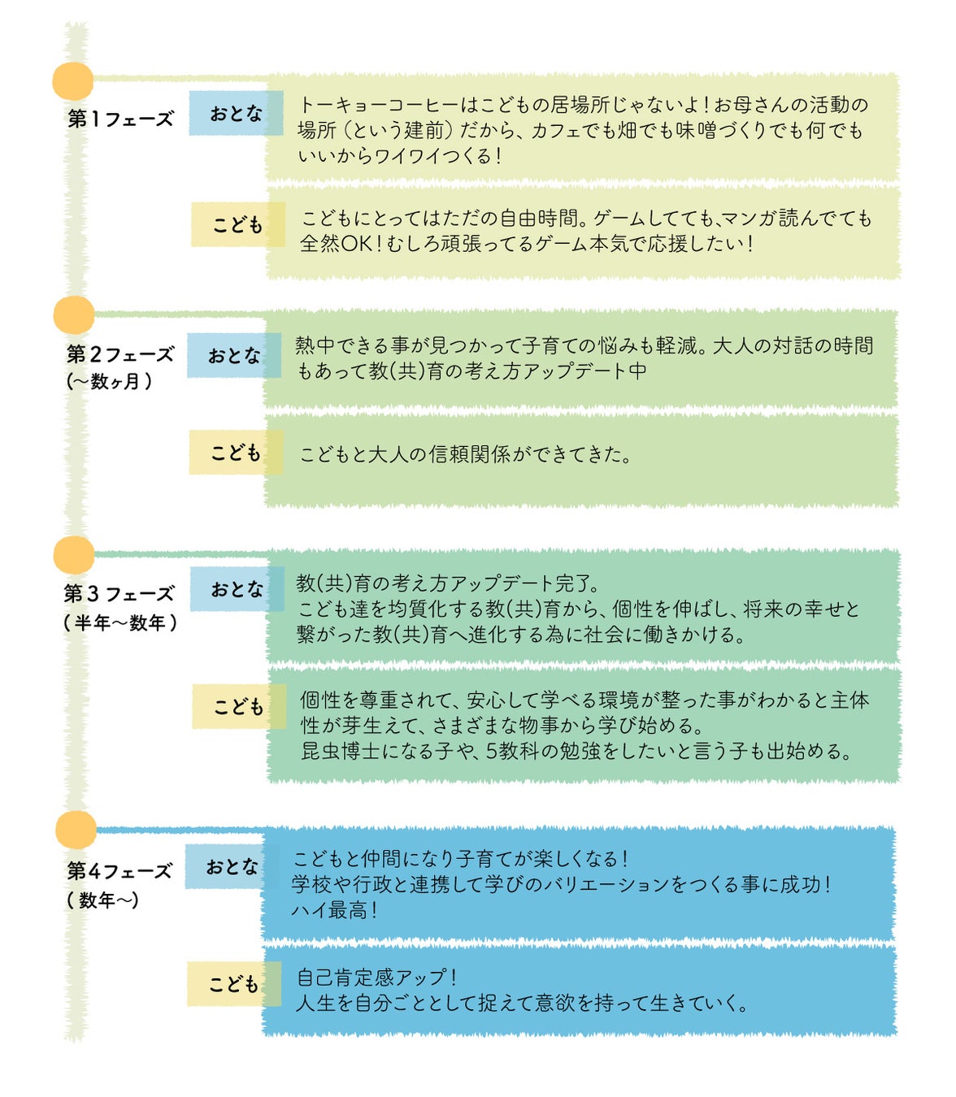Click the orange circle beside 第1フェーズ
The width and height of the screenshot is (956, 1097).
(73, 81)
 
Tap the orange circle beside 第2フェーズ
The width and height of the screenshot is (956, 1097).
(74, 315)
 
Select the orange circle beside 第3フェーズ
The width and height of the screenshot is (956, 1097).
(74, 555)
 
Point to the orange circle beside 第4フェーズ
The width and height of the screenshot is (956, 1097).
(76, 830)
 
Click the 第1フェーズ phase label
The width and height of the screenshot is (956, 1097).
(120, 119)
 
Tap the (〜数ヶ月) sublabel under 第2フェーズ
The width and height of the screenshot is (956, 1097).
(109, 381)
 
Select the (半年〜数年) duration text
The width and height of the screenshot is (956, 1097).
(120, 623)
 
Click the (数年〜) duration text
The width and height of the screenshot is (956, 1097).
(103, 900)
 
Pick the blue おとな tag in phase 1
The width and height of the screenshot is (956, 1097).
(236, 113)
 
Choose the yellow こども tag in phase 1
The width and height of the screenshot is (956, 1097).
(237, 224)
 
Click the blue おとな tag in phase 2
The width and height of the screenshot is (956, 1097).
(234, 355)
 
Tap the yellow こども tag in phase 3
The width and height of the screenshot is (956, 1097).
(238, 706)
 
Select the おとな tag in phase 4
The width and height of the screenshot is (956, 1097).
(232, 866)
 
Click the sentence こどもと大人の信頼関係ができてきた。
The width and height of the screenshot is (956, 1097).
(466, 454)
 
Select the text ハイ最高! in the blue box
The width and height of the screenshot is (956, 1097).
(334, 910)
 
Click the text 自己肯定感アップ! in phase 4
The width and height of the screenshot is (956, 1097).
(377, 977)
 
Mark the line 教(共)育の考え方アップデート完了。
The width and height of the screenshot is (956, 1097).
(448, 583)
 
